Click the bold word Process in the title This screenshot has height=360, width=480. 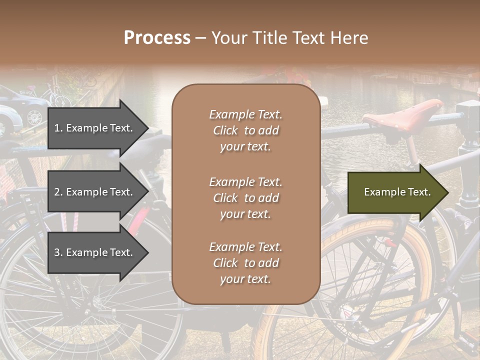pyautogui.click(x=157, y=38)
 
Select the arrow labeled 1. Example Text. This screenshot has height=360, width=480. pyautogui.click(x=95, y=128)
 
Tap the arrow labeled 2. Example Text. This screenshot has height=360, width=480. pyautogui.click(x=95, y=192)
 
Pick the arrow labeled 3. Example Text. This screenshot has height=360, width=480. pyautogui.click(x=95, y=252)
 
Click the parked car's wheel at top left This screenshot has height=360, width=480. pyautogui.click(x=34, y=116)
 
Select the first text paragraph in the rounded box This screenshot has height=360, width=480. pyautogui.click(x=245, y=130)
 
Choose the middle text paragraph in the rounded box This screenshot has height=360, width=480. pyautogui.click(x=245, y=198)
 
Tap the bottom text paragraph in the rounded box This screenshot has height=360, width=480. pyautogui.click(x=245, y=263)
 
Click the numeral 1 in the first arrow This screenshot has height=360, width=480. pyautogui.click(x=56, y=128)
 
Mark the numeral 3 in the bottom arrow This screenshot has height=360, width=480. pyautogui.click(x=57, y=252)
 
